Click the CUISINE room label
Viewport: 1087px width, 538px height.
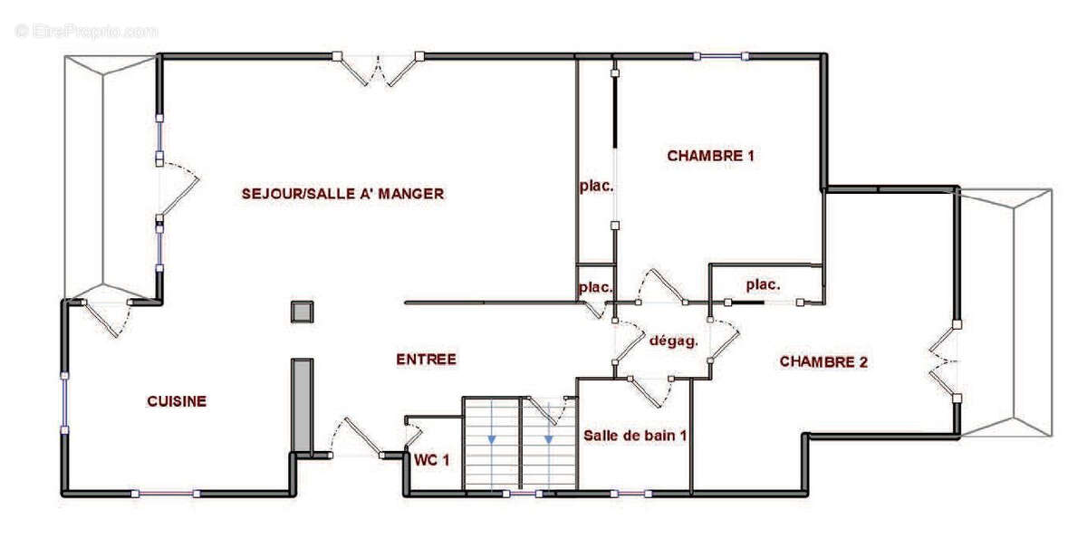point(177,401)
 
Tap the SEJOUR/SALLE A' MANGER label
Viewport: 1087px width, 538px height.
point(342,193)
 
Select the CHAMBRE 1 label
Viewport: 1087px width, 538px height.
point(710,156)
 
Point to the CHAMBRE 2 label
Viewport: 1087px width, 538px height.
point(823,362)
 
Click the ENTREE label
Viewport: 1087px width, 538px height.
point(426,360)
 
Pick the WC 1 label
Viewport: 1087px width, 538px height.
point(431,460)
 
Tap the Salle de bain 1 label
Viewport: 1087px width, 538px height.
point(634,435)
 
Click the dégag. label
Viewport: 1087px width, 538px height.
point(673,341)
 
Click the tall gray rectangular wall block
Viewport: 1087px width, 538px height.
point(302,404)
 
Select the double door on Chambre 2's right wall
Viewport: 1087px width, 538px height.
point(945,360)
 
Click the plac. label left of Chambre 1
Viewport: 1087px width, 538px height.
point(597,187)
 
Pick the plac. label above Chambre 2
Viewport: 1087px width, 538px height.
point(763,284)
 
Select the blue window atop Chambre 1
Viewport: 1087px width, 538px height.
point(721,56)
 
